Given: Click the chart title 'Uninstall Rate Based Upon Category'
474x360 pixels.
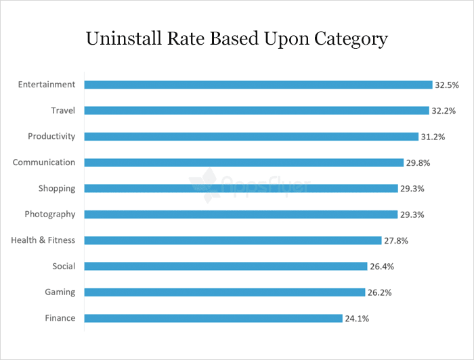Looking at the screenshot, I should coord(236,39).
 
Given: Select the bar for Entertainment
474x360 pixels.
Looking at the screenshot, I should coord(258,85).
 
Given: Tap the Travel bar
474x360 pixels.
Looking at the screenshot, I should coord(257,110).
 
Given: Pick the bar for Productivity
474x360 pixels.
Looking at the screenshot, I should coord(251,137).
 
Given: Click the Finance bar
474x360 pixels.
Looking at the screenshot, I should coord(213,318).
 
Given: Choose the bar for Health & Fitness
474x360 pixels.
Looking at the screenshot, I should coord(233,240).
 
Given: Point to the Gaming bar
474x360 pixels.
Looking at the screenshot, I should coord(225,292).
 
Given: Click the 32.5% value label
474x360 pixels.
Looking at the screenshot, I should coord(448,85).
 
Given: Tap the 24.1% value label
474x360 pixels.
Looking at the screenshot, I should coord(358,319).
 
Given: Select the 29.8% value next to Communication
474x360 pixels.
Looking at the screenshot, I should coord(418,163).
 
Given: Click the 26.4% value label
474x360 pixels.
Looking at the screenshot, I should coord(382,267).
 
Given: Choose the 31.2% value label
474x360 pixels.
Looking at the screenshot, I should coord(433,137).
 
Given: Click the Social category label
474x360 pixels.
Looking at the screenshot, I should coord(64,266).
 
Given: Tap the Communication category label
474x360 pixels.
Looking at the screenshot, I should coord(44,162).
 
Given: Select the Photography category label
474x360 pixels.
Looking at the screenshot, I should coord(49,215).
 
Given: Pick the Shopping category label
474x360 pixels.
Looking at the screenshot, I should coord(56,188).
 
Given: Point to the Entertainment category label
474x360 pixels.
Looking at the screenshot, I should coord(47,85).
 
